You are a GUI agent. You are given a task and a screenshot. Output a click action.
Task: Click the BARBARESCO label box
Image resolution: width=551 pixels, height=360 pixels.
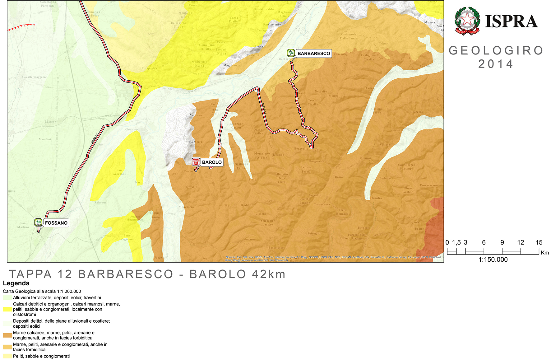(x=313, y=54)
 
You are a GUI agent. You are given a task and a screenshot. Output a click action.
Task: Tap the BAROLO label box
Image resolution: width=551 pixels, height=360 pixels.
(x=212, y=162)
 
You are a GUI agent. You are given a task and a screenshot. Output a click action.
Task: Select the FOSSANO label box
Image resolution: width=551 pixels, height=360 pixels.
(x=56, y=223)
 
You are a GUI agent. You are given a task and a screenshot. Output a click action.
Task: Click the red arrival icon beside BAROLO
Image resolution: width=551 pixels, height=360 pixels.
(x=196, y=162)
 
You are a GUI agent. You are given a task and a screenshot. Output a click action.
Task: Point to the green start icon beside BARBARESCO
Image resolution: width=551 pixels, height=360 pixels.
(x=291, y=53)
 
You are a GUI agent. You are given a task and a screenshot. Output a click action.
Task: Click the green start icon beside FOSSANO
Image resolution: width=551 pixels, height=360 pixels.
(x=38, y=222)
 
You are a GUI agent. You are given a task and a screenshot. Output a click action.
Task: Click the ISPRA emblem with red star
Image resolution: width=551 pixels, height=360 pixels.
(x=467, y=21)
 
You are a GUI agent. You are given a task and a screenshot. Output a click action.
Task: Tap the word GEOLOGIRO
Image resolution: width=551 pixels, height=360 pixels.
(x=496, y=50)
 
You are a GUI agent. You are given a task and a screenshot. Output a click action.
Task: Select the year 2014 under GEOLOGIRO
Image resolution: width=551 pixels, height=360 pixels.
(x=496, y=64)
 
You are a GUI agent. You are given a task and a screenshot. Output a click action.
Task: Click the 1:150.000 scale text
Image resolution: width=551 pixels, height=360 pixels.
(x=493, y=259)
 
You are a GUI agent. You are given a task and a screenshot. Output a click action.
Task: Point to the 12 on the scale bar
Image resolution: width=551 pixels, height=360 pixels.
(x=521, y=242)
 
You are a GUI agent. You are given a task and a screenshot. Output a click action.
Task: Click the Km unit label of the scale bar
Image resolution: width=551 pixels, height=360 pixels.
(x=545, y=253)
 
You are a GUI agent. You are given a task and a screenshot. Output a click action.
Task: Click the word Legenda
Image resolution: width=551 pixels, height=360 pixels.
(x=16, y=283)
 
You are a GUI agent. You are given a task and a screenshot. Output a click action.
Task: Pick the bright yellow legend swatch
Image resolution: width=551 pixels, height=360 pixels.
(x=7, y=309)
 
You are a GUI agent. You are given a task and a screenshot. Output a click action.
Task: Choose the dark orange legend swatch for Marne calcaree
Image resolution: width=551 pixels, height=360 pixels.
(x=7, y=335)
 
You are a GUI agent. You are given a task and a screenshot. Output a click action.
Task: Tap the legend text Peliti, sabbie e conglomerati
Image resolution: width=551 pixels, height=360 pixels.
(x=41, y=356)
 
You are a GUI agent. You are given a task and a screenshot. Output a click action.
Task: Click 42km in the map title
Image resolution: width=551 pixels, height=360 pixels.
(x=269, y=274)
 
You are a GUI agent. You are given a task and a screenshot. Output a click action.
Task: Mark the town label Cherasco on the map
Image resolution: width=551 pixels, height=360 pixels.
(x=132, y=129)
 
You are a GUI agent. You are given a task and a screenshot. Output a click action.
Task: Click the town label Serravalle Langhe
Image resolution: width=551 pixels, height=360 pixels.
(x=267, y=222)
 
